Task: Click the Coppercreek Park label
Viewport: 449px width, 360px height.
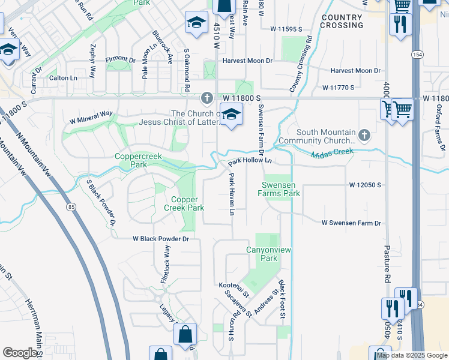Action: (x=131, y=160)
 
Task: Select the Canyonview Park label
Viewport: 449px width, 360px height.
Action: (x=262, y=254)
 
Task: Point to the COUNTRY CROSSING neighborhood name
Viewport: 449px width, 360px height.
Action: (x=342, y=22)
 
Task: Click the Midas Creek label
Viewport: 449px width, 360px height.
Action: (x=332, y=155)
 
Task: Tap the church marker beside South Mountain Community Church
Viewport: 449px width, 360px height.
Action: (x=364, y=136)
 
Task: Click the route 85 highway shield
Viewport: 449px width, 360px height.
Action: (x=72, y=208)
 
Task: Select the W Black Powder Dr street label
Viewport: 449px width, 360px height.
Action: (x=161, y=239)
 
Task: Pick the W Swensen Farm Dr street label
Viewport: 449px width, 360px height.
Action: (x=351, y=223)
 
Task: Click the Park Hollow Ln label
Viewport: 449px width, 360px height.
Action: (x=250, y=161)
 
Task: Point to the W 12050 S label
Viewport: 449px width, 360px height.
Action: (x=365, y=185)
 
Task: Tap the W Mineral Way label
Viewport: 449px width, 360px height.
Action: (x=91, y=113)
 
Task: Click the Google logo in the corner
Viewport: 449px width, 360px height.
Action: (x=20, y=353)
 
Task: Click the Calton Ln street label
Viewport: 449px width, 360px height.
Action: (x=63, y=78)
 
